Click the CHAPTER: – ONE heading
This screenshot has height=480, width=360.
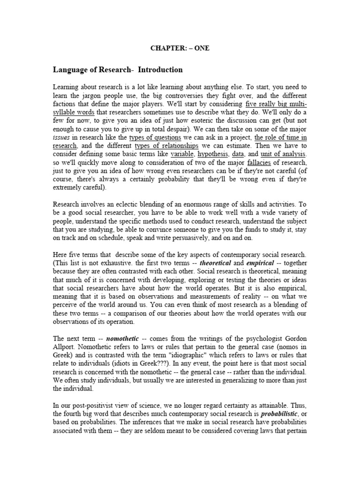point(180,48)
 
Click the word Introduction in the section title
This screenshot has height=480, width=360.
point(159,70)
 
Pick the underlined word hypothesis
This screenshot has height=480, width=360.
point(210,154)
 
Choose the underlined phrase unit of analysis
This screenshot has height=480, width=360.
point(283,154)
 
